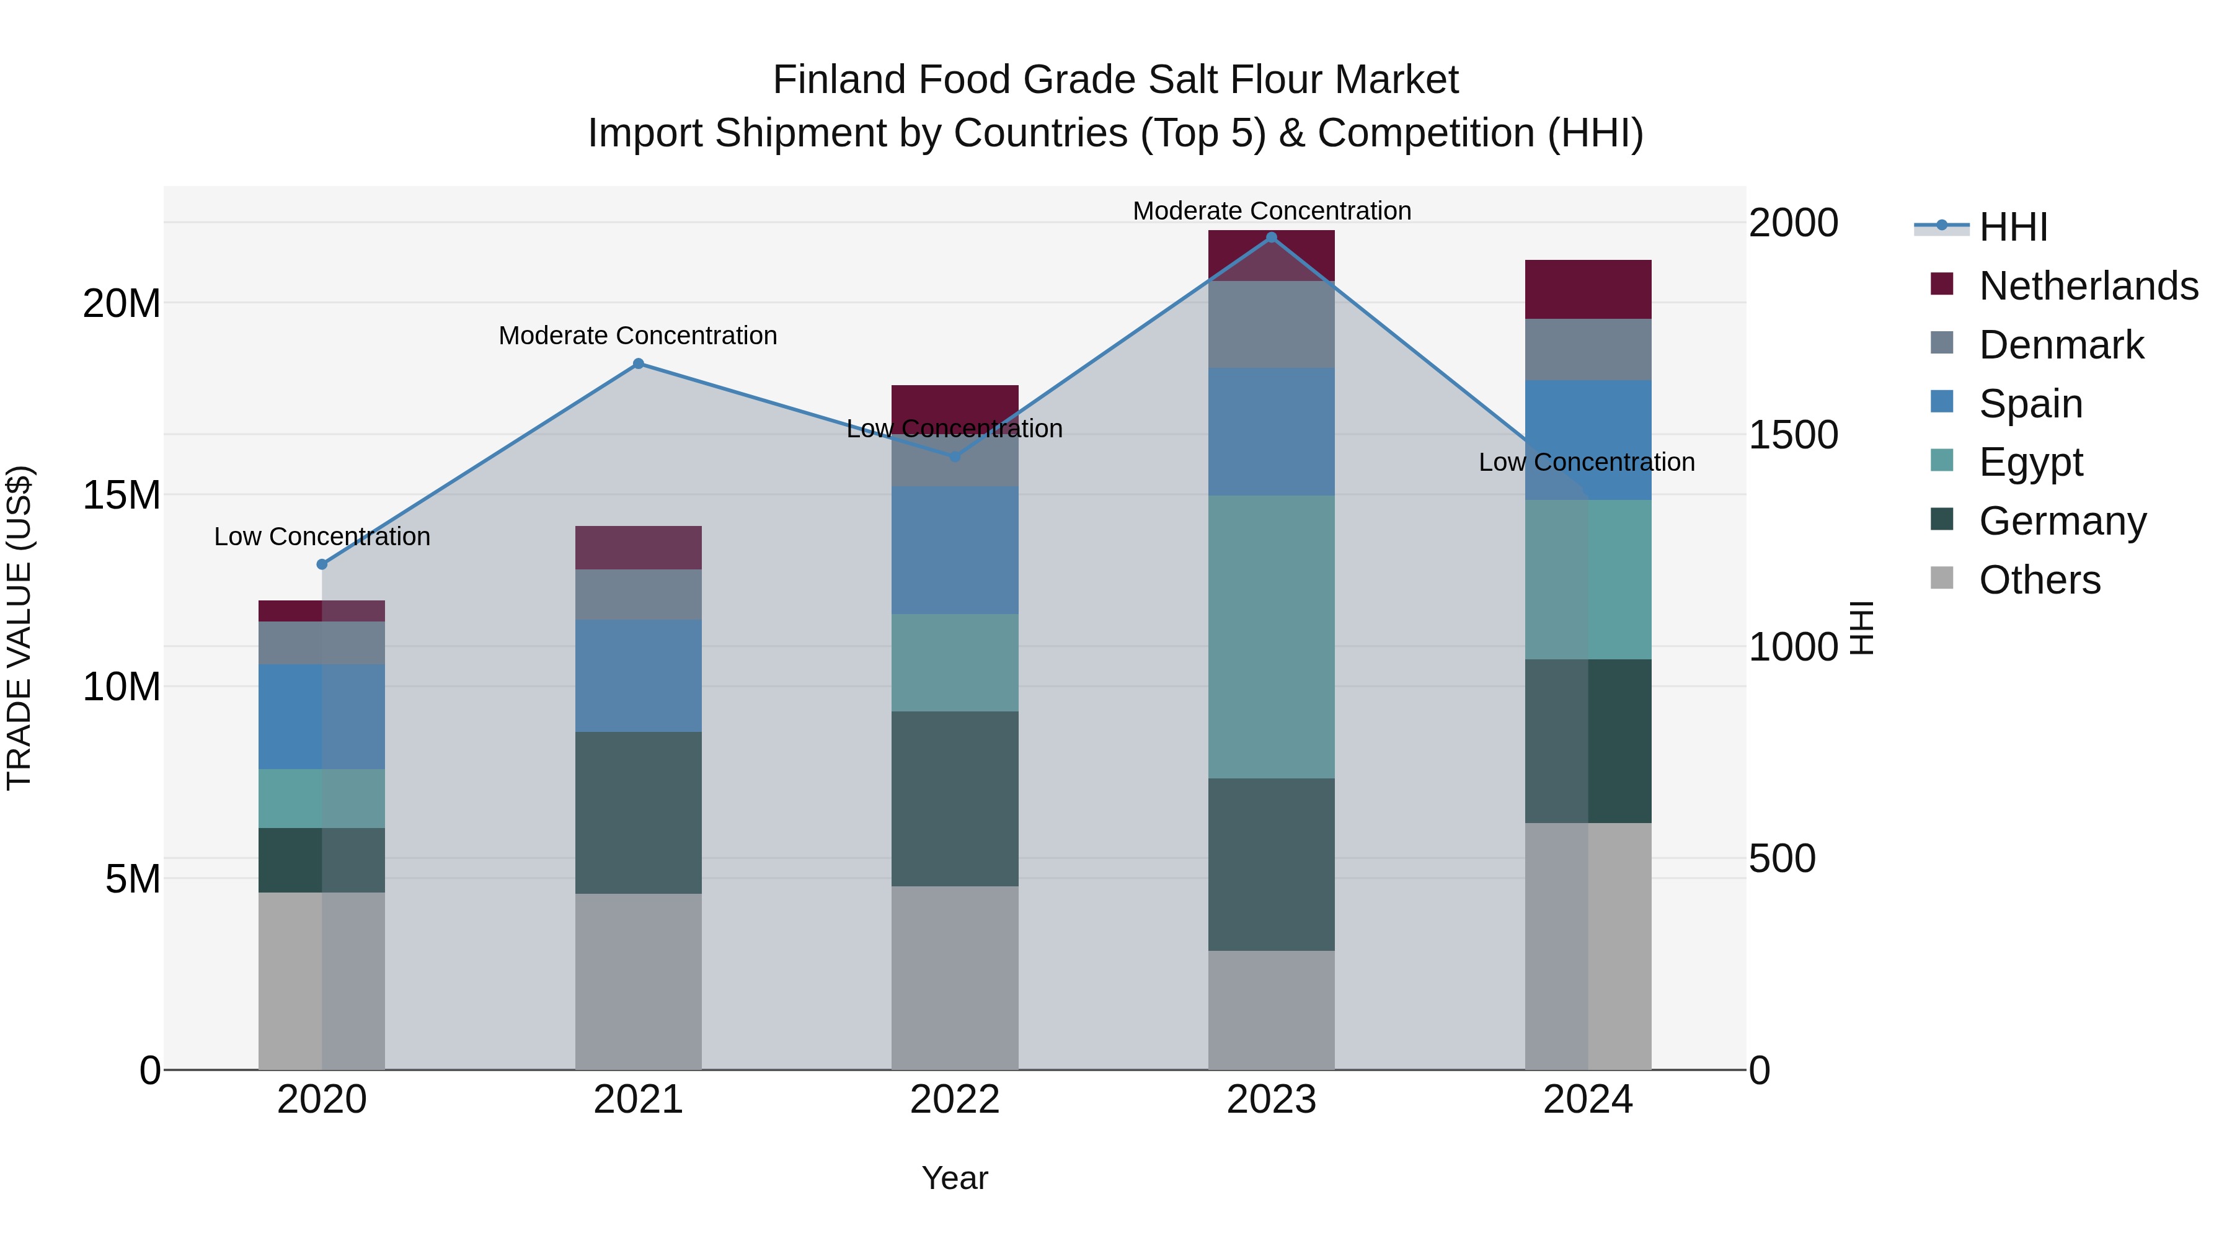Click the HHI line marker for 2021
639,364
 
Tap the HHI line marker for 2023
1271,238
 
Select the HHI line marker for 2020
322,564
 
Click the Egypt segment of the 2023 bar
1271,637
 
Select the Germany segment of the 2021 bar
639,813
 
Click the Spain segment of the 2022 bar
955,550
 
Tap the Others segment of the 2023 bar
1271,1010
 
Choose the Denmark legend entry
2060,345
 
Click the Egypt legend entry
2030,462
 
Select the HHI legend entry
2013,227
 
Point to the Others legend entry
2039,580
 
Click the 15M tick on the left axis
122,495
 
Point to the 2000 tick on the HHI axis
1792,223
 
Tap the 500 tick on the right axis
1781,858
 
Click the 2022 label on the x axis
955,1100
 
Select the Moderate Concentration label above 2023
1271,211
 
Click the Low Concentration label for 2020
322,537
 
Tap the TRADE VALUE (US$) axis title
19,628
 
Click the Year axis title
955,1178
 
